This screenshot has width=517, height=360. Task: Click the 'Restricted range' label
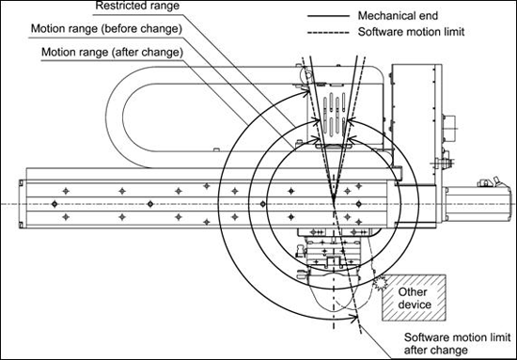[137, 6]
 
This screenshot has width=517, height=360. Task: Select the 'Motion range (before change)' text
[106, 29]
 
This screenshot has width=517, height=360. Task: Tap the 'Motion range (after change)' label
[112, 52]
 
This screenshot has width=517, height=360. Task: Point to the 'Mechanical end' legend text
[398, 15]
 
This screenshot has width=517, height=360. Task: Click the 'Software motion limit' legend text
[411, 32]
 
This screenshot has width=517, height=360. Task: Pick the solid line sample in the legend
[328, 15]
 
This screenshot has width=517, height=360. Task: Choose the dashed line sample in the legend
[328, 32]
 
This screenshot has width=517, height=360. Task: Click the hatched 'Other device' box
[415, 298]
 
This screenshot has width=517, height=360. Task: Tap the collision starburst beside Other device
[381, 283]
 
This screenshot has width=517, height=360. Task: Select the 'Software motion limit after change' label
[457, 343]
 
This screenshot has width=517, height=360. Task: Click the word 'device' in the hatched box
[415, 305]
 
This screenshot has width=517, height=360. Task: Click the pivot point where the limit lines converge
[334, 201]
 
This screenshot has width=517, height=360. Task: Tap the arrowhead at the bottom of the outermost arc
[354, 318]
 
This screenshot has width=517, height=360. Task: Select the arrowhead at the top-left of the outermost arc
[306, 93]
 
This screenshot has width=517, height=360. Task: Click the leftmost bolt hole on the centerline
[55, 204]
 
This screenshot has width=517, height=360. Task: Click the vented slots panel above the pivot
[335, 115]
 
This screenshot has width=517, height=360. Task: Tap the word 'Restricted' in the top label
[117, 6]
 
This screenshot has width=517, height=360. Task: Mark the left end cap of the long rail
[23, 204]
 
